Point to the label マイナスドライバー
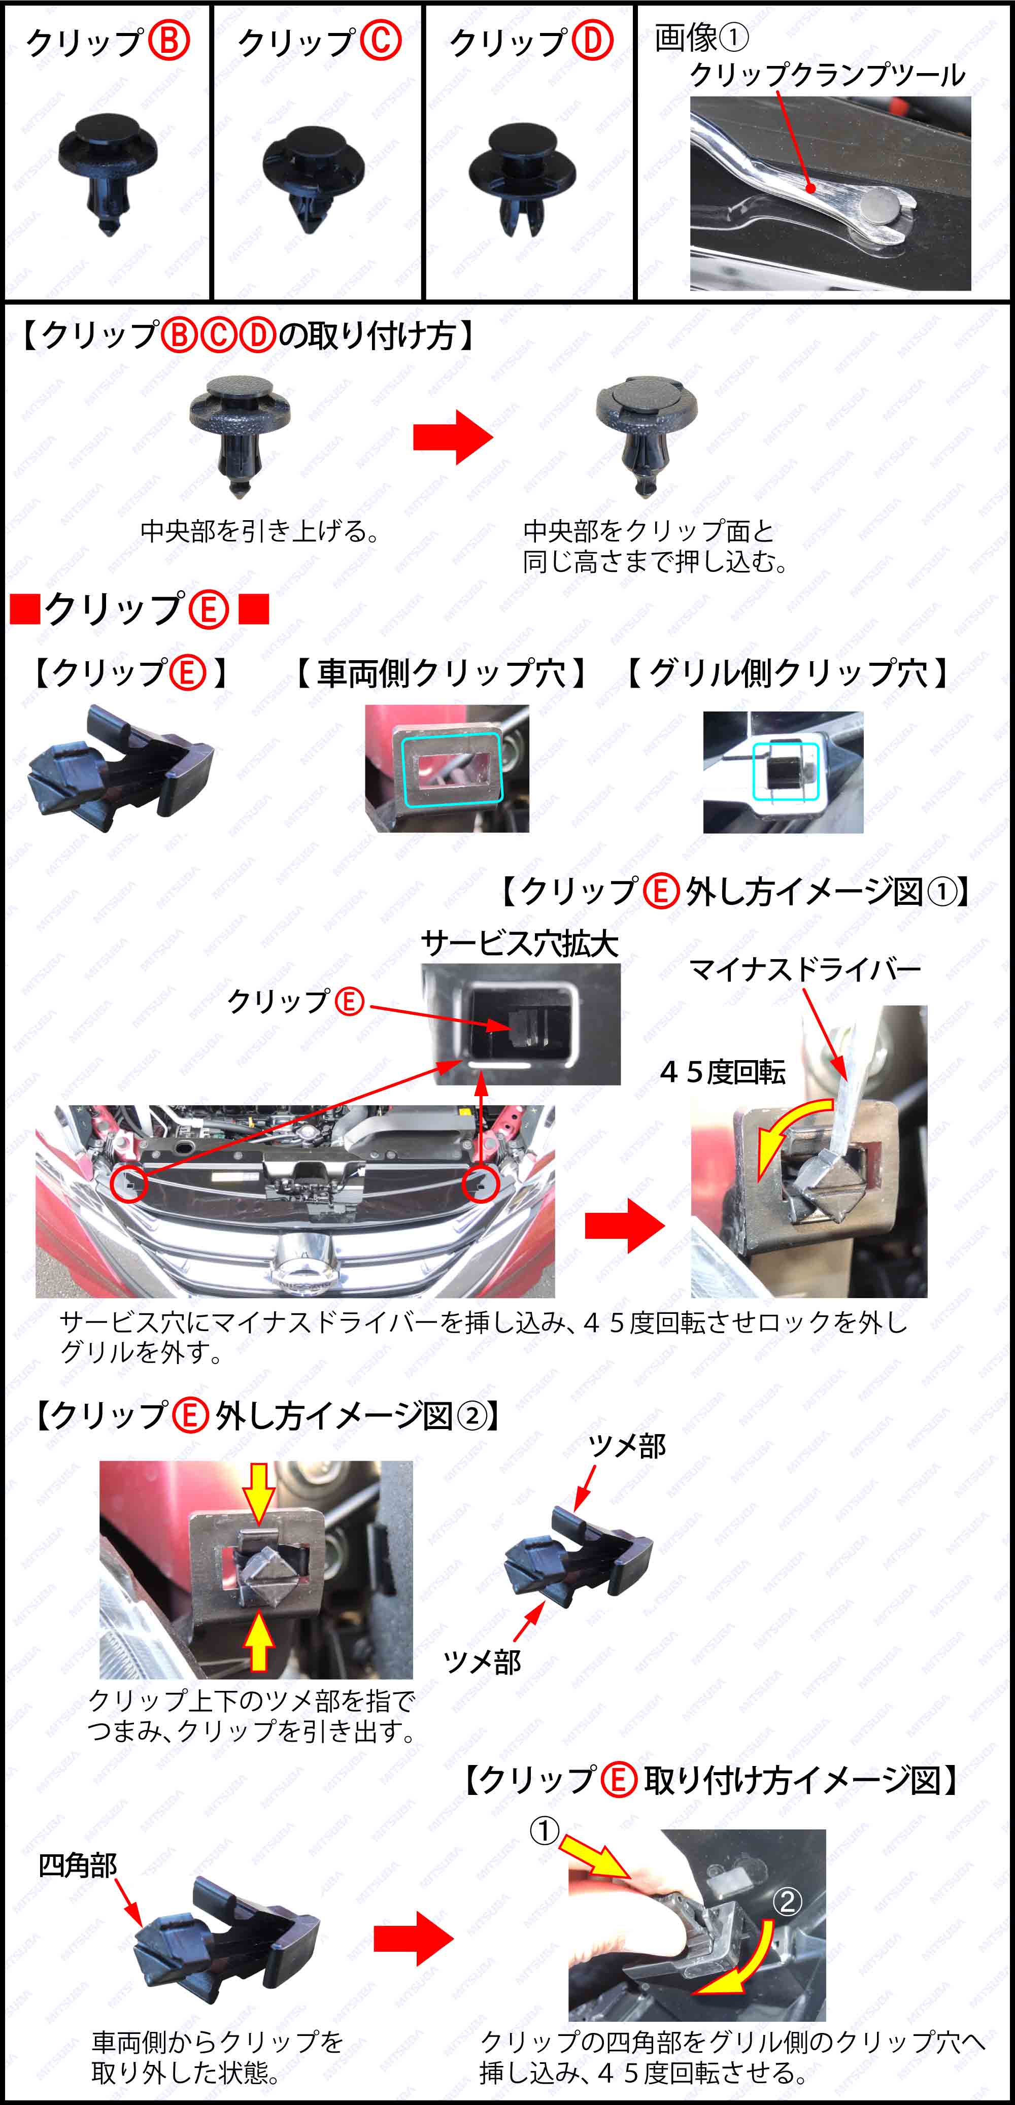805,969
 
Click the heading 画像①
701,37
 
